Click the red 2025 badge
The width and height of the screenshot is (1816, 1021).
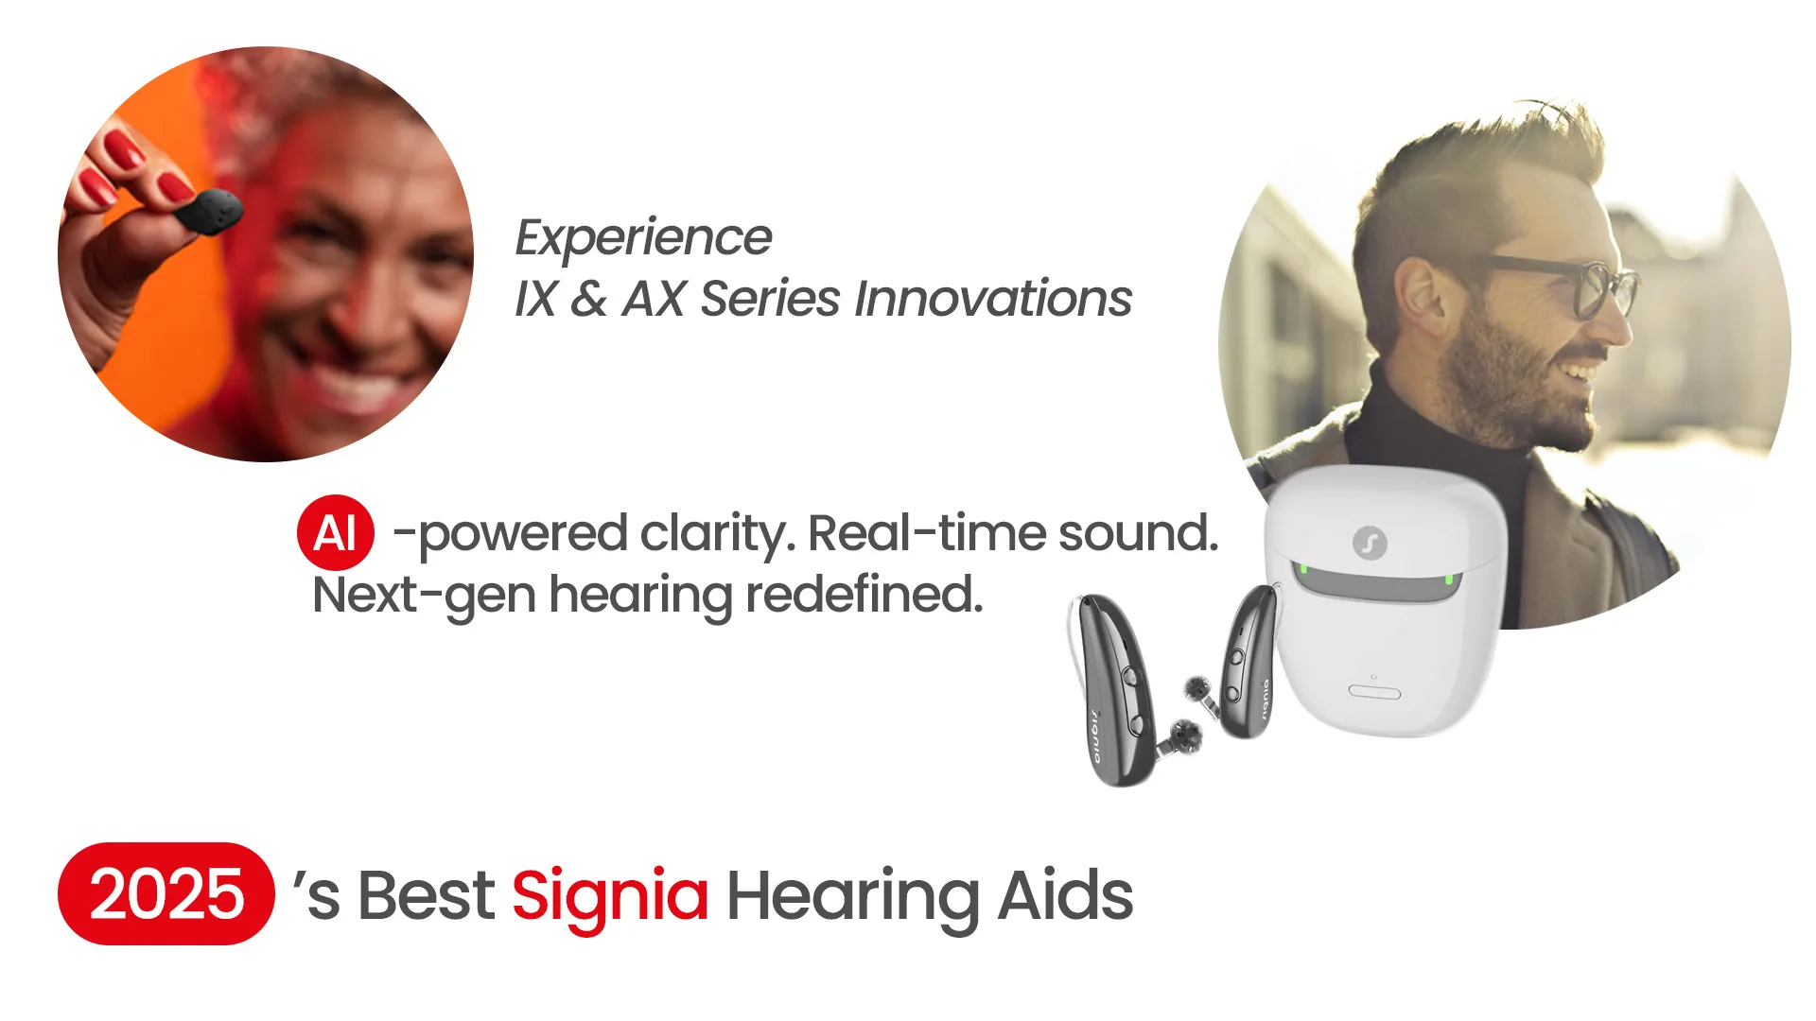pos(166,893)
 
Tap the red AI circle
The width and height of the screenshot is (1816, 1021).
pos(336,532)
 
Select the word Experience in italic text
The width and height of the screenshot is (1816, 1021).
pos(643,238)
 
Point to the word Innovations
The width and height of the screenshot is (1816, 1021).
pos(993,299)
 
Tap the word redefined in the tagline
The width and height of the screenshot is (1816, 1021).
pos(864,595)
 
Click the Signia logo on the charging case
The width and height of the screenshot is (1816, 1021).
pos(1370,543)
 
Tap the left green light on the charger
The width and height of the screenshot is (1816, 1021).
pos(1303,569)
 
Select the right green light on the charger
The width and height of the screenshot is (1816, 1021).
pos(1448,579)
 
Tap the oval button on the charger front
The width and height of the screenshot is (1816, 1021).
pos(1374,692)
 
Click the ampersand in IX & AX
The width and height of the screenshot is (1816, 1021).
pos(588,299)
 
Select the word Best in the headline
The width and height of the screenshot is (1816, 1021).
pos(426,895)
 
